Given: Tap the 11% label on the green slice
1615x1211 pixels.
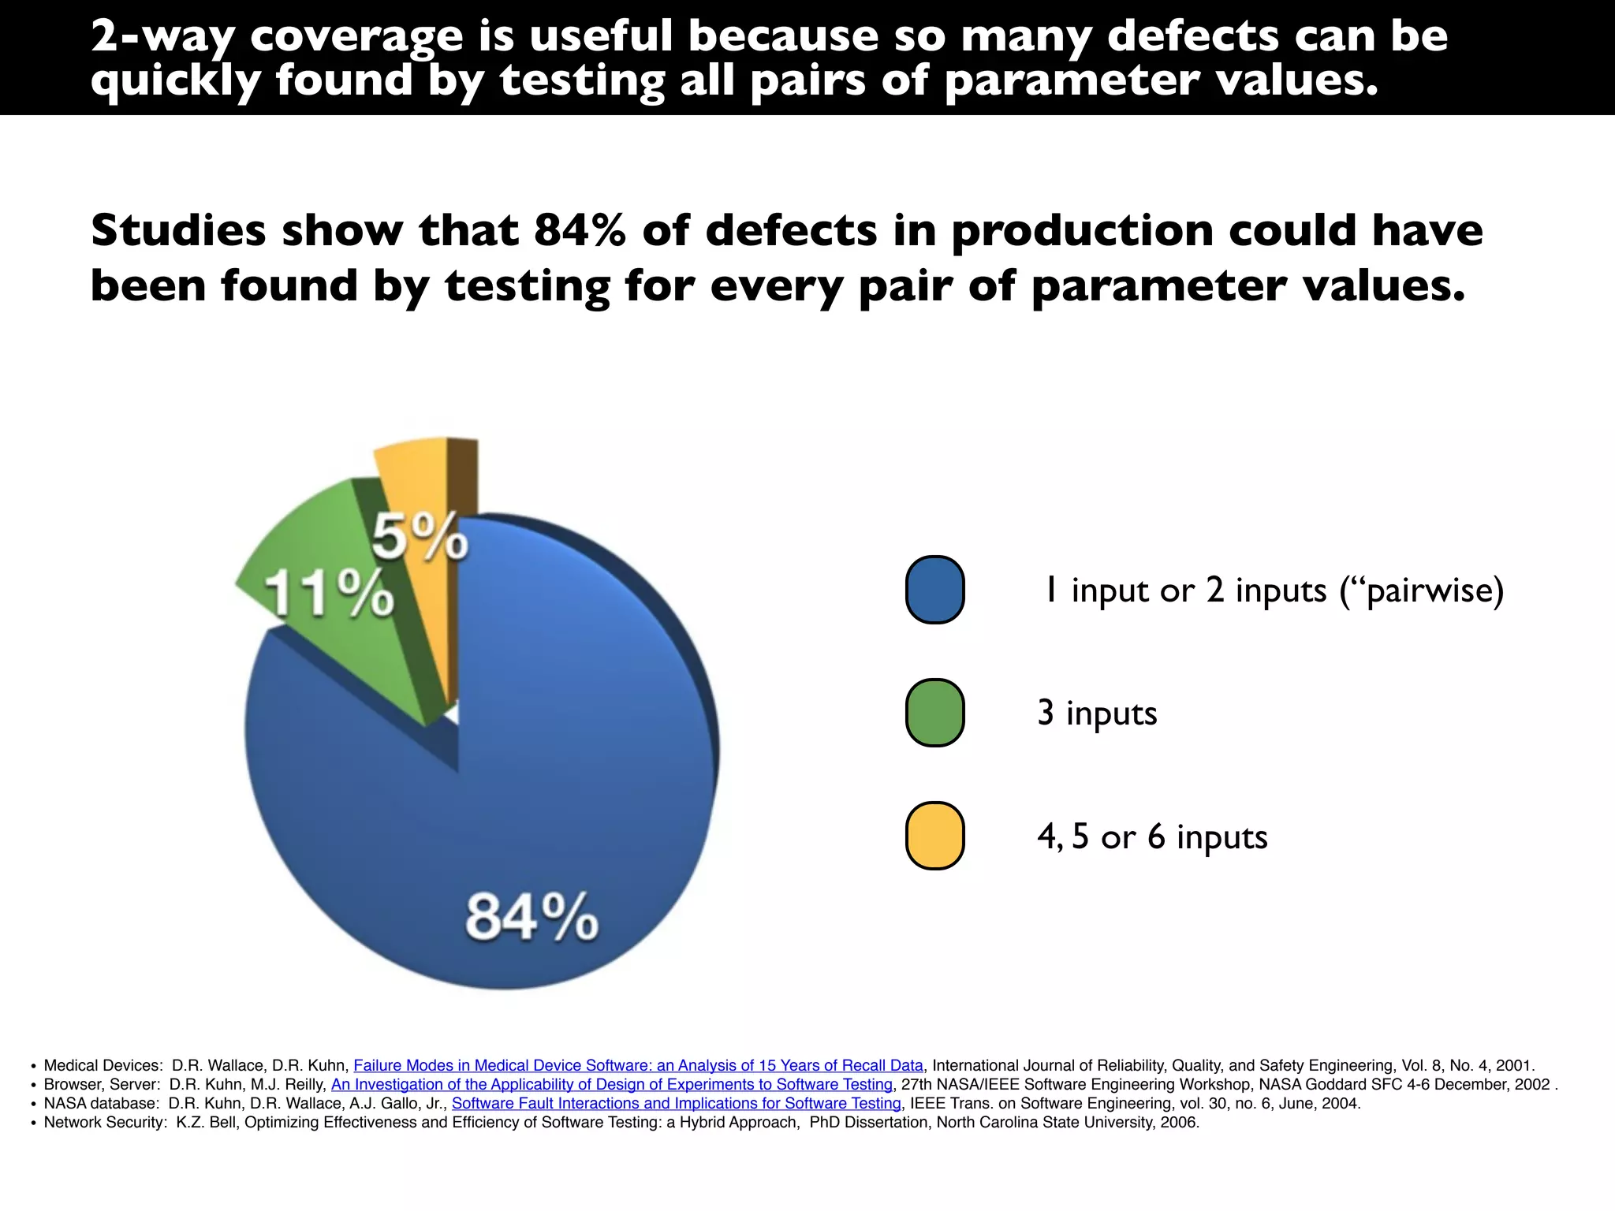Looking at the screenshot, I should click(x=329, y=593).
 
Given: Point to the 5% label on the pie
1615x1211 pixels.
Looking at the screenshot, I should click(x=420, y=537).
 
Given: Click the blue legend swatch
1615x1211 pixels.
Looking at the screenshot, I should click(x=934, y=590).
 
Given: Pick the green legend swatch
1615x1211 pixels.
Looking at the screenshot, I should click(x=934, y=713).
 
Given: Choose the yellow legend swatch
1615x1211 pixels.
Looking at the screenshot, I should click(x=934, y=836).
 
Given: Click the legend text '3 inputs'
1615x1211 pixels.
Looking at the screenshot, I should click(x=1097, y=713).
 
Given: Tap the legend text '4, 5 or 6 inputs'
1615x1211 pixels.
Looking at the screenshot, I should click(x=1152, y=837).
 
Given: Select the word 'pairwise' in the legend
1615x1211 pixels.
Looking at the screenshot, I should click(x=1427, y=591).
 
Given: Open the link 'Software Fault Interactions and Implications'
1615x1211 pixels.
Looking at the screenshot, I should click(x=676, y=1103).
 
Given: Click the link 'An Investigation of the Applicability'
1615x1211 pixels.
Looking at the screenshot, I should click(x=611, y=1084).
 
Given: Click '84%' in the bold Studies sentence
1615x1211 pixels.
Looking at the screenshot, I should click(x=580, y=231).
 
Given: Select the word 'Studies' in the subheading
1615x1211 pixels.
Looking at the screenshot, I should click(x=178, y=231).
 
